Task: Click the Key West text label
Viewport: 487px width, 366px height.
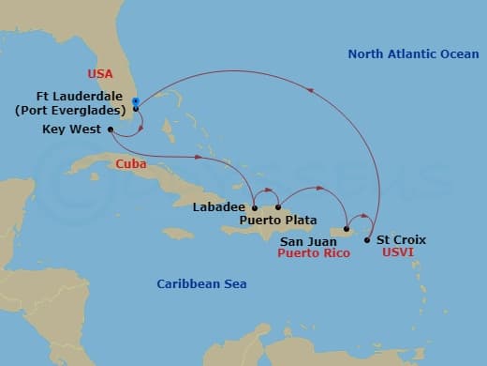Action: (x=72, y=130)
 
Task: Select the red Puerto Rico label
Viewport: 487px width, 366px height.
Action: (x=307, y=253)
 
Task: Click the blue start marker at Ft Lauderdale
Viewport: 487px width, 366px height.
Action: (x=136, y=101)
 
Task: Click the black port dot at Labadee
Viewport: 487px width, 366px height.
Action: (x=255, y=207)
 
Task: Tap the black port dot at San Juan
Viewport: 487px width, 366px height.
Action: (x=347, y=229)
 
